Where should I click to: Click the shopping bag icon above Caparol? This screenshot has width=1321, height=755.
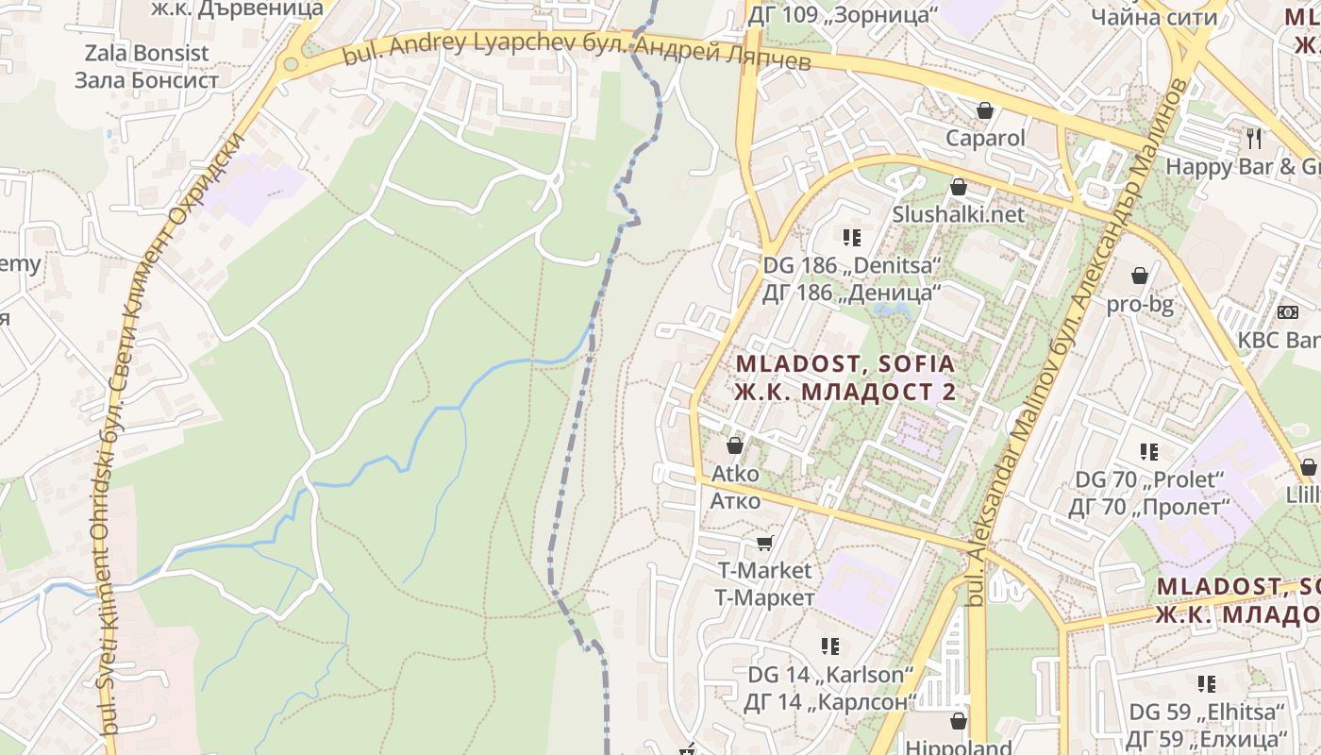[x=985, y=110]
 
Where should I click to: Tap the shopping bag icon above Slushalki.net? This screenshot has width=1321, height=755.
[x=959, y=187]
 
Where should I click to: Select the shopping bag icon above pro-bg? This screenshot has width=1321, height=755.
[x=1140, y=276]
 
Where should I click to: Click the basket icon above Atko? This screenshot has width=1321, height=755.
[x=735, y=445]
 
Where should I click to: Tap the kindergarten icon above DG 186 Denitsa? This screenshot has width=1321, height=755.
[x=853, y=237]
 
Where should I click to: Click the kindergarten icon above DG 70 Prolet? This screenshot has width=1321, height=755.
[x=1148, y=452]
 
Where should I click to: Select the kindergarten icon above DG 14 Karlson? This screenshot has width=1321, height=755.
[x=830, y=646]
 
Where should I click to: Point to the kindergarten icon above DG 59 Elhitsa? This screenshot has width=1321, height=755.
[x=1207, y=683]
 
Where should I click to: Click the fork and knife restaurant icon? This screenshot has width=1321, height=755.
[x=1254, y=139]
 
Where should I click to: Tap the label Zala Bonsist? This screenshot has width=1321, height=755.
[x=146, y=53]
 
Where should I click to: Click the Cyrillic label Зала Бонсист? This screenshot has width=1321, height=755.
[x=146, y=80]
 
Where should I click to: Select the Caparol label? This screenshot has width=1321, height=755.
[x=985, y=138]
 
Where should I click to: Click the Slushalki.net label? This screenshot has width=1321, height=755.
[x=959, y=214]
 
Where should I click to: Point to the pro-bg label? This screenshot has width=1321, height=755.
[x=1140, y=304]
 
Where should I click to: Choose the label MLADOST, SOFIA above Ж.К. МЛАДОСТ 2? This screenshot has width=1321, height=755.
[x=845, y=363]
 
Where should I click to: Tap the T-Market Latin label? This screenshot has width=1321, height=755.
[x=764, y=570]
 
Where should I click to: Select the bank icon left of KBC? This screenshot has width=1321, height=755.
[x=1287, y=312]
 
